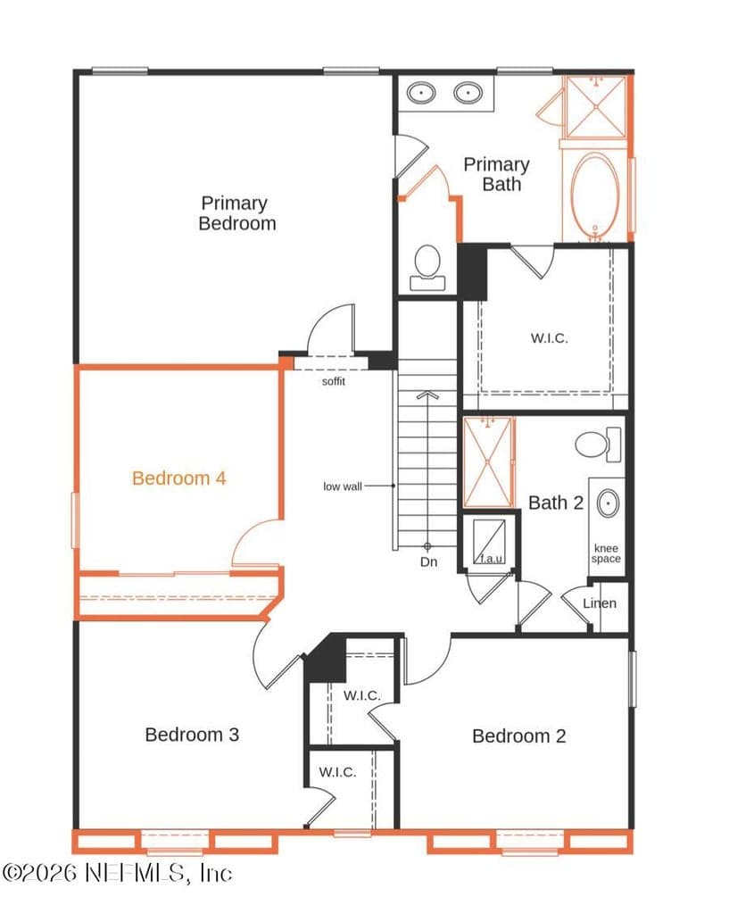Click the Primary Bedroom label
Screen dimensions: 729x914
(236, 213)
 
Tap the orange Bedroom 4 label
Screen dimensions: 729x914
(178, 478)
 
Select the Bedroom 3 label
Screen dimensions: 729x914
(192, 735)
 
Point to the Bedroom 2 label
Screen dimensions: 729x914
(518, 736)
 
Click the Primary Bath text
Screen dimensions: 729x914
(496, 174)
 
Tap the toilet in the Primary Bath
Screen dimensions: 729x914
(427, 268)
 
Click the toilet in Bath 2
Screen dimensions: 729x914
(598, 445)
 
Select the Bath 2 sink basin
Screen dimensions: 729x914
(608, 503)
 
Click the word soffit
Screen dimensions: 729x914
(334, 381)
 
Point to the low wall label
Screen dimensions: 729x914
(343, 486)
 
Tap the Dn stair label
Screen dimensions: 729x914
(428, 562)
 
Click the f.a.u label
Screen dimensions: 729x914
(492, 559)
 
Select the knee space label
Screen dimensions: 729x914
(606, 553)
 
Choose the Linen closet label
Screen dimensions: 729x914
(600, 603)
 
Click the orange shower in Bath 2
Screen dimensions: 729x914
(488, 462)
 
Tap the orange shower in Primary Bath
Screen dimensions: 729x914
(595, 107)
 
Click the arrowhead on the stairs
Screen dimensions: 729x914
(427, 395)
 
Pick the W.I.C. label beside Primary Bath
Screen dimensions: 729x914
(549, 338)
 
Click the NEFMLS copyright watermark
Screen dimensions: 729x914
(117, 873)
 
